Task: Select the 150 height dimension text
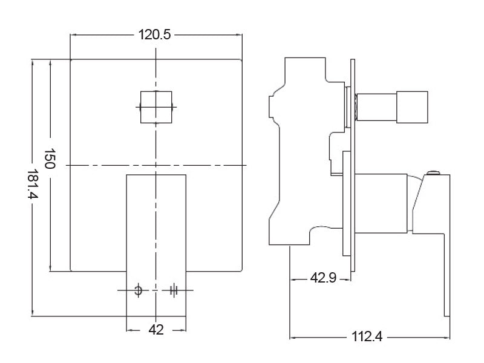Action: click(50, 159)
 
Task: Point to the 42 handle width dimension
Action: click(156, 330)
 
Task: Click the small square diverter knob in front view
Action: click(157, 107)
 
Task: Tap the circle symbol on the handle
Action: click(139, 290)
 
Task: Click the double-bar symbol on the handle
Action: click(173, 290)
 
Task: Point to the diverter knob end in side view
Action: click(412, 106)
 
